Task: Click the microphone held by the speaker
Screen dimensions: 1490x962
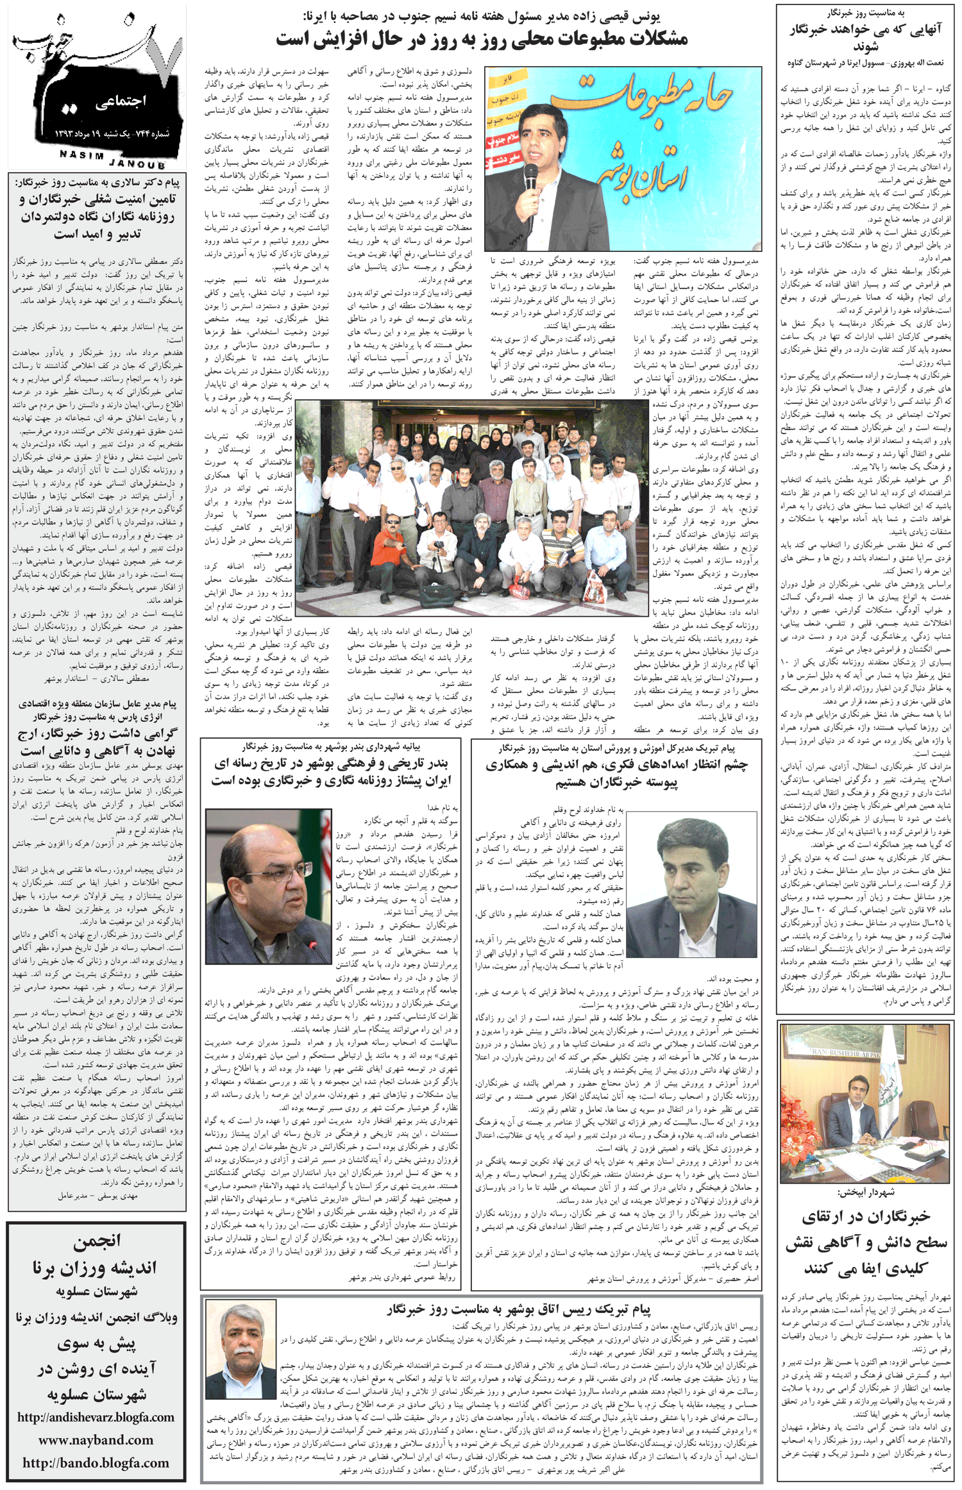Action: [x=531, y=176]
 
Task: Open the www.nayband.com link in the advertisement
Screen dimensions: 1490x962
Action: [x=96, y=1439]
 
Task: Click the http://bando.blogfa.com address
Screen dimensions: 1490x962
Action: [x=96, y=1462]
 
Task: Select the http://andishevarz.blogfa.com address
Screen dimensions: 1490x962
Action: [x=96, y=1417]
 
